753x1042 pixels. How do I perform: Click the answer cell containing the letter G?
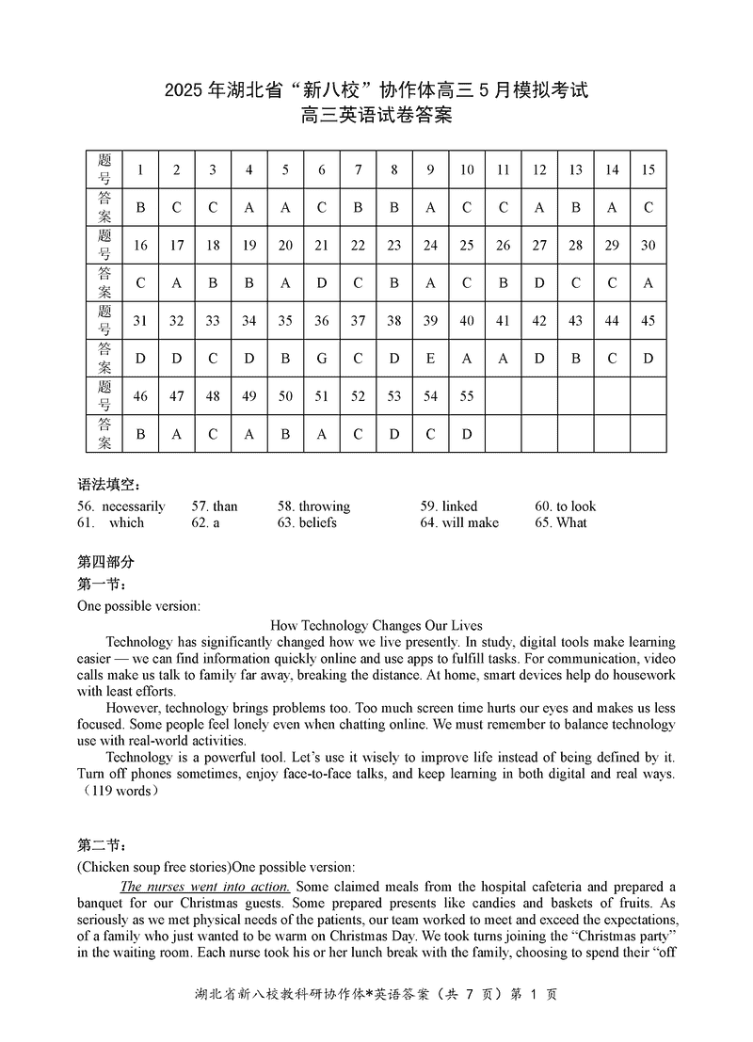tap(322, 358)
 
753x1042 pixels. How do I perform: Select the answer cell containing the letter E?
tap(430, 358)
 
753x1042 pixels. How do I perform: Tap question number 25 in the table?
tap(467, 245)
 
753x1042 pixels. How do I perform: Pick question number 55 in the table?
tap(467, 396)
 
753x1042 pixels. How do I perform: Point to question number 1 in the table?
tap(140, 169)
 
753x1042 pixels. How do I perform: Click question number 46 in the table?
tap(140, 396)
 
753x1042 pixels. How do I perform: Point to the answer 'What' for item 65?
tap(571, 522)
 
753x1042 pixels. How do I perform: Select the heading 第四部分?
tap(105, 562)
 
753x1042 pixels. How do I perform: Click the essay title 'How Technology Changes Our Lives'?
tap(376, 625)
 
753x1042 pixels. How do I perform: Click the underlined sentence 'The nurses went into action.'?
tap(205, 887)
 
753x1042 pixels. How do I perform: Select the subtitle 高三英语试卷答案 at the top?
tap(376, 117)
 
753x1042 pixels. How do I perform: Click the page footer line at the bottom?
tap(376, 1019)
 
